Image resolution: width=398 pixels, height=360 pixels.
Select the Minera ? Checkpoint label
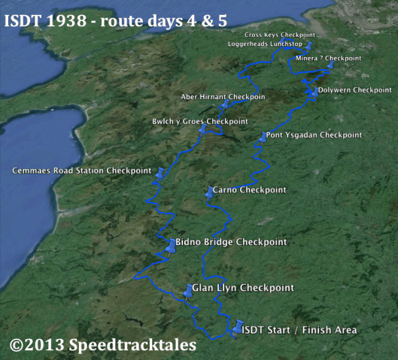[329, 58]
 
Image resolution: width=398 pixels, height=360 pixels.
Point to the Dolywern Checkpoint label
[354, 90]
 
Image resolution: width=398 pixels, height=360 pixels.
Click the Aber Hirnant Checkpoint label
[223, 97]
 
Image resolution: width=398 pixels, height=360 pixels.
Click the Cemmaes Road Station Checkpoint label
[81, 171]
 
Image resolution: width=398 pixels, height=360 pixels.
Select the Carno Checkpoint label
[249, 190]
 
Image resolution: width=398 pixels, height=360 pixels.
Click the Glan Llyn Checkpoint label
[242, 288]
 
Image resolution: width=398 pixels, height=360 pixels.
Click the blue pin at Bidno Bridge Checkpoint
[171, 247]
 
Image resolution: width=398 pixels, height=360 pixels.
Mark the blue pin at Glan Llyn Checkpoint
[188, 292]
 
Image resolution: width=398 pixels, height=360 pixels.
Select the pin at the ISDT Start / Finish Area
[239, 328]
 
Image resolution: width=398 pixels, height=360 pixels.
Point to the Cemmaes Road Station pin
[159, 174]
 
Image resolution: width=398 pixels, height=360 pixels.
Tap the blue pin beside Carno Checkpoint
[208, 193]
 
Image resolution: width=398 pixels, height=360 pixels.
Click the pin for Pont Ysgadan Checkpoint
[262, 138]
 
